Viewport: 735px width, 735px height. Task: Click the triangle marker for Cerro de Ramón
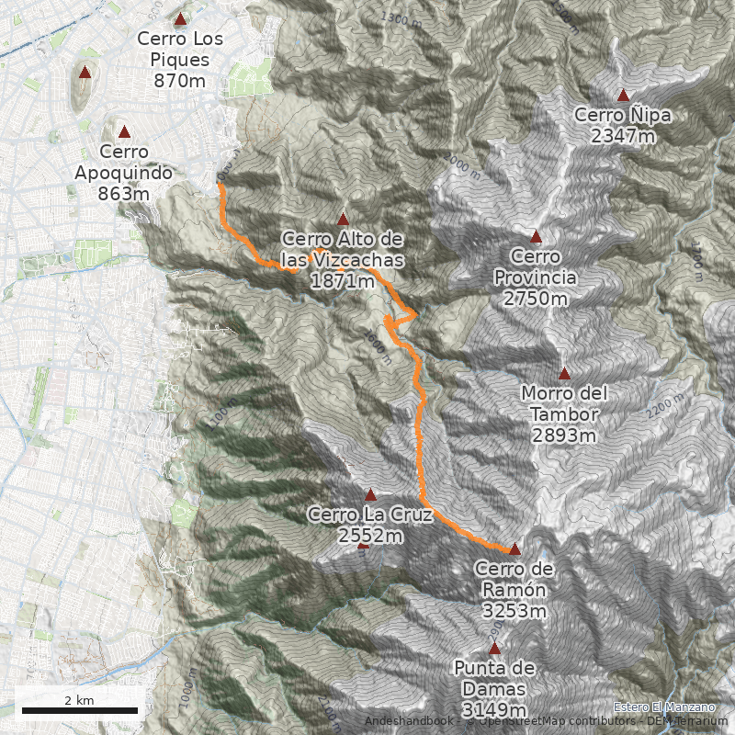click(x=514, y=549)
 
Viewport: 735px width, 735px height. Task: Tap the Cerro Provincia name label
click(x=536, y=266)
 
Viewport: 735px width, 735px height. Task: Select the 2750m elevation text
click(x=536, y=300)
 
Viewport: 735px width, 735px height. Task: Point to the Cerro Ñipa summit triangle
click(x=623, y=95)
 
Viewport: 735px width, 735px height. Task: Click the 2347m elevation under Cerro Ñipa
click(x=623, y=136)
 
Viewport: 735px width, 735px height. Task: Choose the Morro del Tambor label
click(x=564, y=403)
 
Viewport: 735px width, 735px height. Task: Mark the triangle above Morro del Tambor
click(x=564, y=373)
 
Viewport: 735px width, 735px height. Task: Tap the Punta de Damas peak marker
click(x=494, y=649)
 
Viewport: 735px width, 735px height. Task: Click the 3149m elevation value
click(x=494, y=710)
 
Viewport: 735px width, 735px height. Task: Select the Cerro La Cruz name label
click(x=370, y=514)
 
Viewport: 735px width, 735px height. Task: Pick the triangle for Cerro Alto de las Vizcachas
click(x=343, y=220)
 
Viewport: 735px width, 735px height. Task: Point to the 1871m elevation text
click(x=343, y=281)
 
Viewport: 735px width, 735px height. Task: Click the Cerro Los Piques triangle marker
click(x=180, y=18)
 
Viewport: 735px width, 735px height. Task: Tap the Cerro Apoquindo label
click(x=123, y=162)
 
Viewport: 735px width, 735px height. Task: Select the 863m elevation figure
click(x=123, y=194)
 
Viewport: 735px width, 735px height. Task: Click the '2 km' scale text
click(x=79, y=700)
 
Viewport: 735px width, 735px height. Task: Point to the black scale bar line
click(x=79, y=710)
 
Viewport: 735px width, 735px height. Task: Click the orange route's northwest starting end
click(x=219, y=184)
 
